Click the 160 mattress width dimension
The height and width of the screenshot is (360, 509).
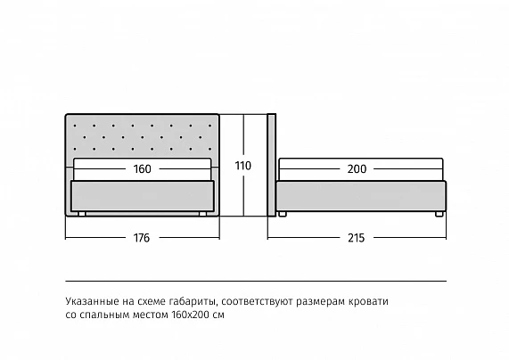pyautogui.click(x=143, y=169)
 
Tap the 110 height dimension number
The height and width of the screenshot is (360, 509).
pyautogui.click(x=243, y=166)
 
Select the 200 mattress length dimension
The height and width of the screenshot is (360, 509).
pyautogui.click(x=357, y=169)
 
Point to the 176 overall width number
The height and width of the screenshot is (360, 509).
pyautogui.click(x=142, y=238)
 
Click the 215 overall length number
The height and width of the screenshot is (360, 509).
pyautogui.click(x=356, y=238)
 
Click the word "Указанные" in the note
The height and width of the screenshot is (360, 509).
pyautogui.click(x=92, y=301)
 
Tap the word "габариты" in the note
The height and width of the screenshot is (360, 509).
pyautogui.click(x=193, y=302)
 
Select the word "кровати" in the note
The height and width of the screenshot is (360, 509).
pyautogui.click(x=368, y=301)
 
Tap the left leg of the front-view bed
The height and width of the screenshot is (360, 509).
pyautogui.click(x=82, y=214)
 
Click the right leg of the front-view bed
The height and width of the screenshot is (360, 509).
pyautogui.click(x=203, y=214)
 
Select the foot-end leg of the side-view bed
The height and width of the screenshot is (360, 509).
pyautogui.click(x=439, y=214)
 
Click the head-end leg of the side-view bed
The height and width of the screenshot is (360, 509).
pyautogui.click(x=283, y=214)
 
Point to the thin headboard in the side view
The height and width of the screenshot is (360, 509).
pyautogui.click(x=272, y=165)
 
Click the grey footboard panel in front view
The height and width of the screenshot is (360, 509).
pyautogui.click(x=143, y=196)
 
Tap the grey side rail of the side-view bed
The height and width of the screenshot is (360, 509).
pyautogui.click(x=361, y=196)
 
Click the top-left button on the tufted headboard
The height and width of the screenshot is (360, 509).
pyautogui.click(x=75, y=126)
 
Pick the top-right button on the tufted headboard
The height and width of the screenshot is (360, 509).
pyautogui.click(x=210, y=126)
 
